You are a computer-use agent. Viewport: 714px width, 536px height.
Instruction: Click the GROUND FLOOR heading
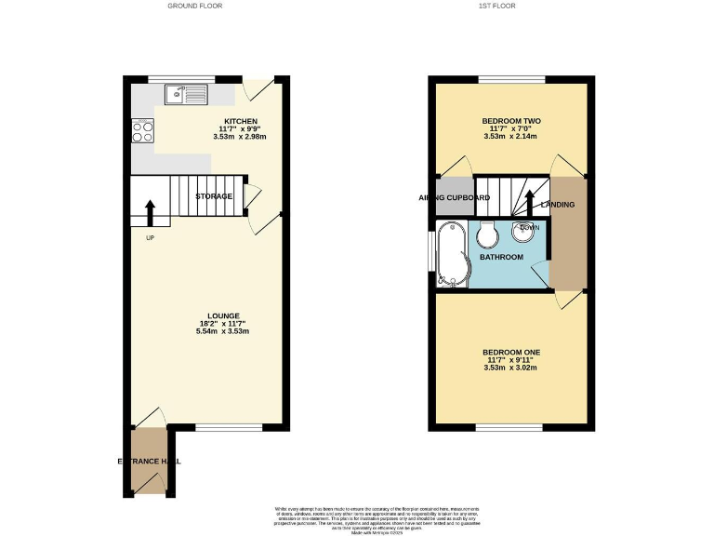(x=194, y=6)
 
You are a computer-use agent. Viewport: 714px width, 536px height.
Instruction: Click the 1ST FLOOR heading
(x=497, y=6)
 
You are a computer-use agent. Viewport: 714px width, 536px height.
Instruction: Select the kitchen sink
(x=187, y=93)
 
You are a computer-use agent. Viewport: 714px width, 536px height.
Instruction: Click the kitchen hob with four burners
(x=142, y=131)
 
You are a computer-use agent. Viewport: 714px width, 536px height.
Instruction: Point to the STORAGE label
(x=213, y=196)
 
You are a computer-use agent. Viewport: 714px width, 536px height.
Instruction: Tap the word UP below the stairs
(x=149, y=237)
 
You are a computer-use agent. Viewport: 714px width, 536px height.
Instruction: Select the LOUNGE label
(x=225, y=315)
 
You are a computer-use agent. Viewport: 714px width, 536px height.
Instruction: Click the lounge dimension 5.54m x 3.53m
(x=225, y=331)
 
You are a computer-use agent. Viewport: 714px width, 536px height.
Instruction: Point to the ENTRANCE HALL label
(x=149, y=462)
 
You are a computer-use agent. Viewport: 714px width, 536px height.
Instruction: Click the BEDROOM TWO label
(x=511, y=122)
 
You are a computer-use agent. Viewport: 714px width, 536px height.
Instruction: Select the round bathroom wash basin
(x=519, y=234)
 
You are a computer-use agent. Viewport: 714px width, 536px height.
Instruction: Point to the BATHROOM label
(x=501, y=257)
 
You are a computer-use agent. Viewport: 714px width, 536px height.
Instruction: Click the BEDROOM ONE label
(x=511, y=352)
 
